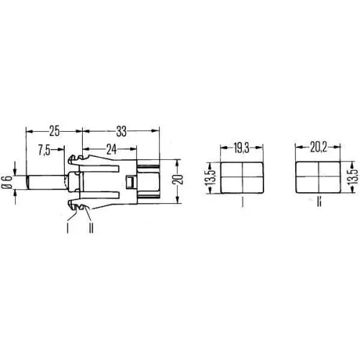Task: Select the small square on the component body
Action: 129,181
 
